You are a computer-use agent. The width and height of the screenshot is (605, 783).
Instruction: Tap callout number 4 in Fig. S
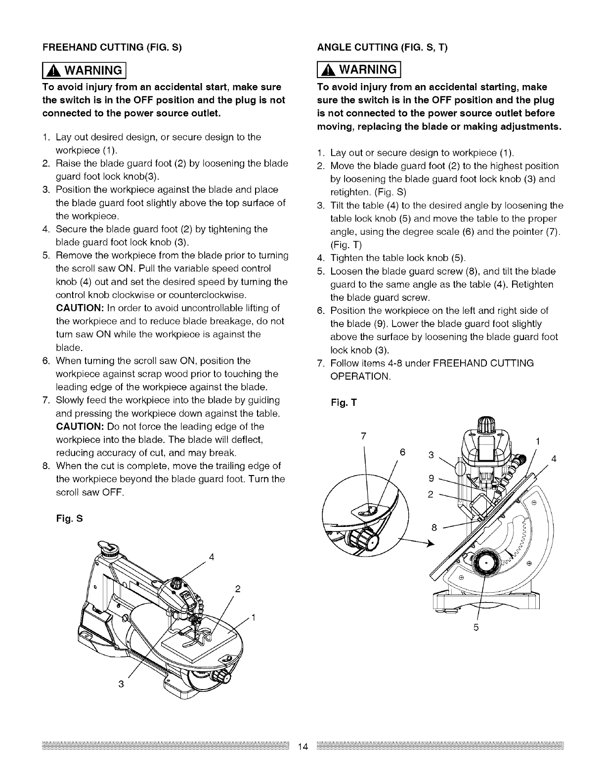(212, 559)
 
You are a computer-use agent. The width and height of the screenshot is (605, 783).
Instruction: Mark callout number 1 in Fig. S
(254, 617)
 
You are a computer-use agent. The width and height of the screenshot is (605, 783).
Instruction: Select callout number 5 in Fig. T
(476, 629)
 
